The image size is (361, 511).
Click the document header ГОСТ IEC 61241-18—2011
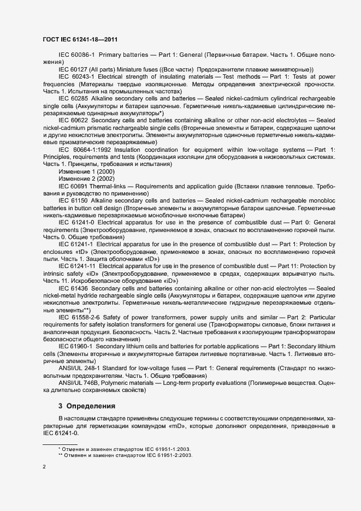click(80, 40)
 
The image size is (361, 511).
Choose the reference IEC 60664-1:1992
click(83, 150)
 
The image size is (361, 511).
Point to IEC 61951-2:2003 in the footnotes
click(164, 454)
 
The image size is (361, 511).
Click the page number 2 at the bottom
click(44, 467)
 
